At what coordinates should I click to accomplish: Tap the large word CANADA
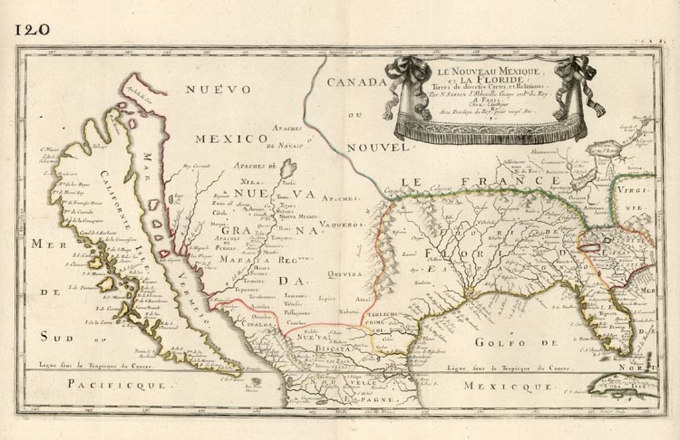click(356, 82)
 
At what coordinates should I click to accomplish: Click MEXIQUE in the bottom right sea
click(508, 386)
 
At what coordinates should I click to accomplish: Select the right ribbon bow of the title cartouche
click(573, 72)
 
